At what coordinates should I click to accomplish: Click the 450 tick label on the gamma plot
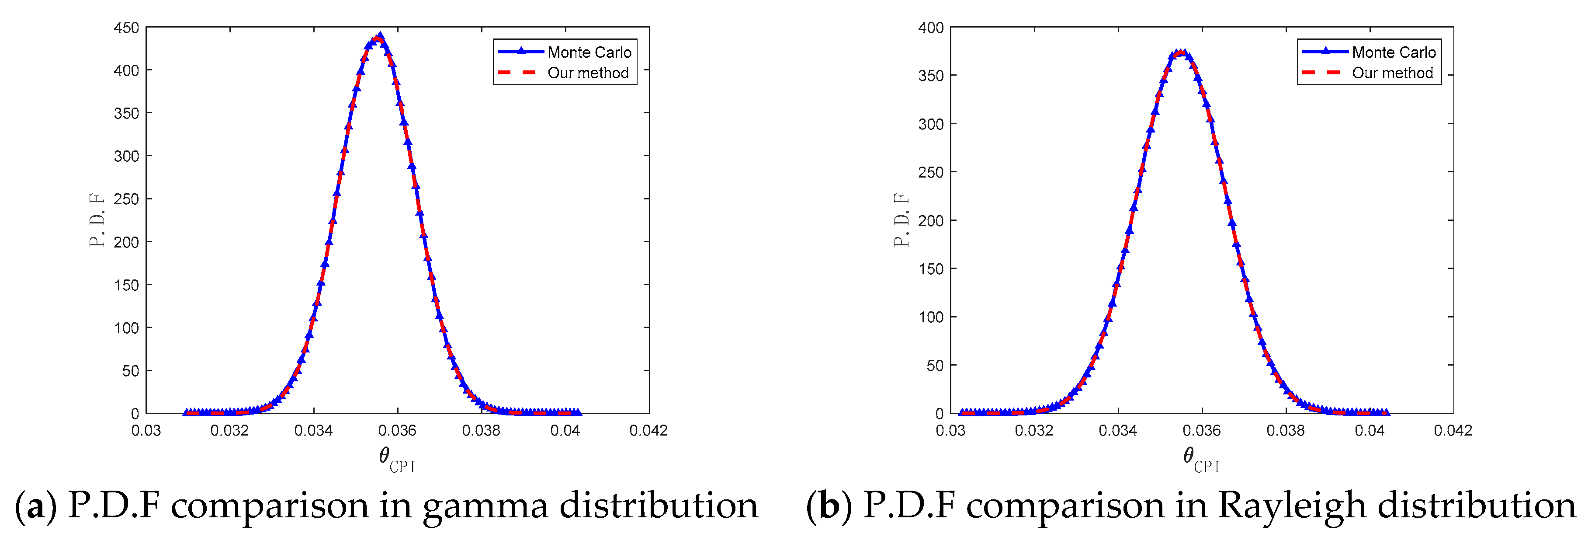click(126, 28)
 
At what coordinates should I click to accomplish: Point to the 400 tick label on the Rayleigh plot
click(931, 28)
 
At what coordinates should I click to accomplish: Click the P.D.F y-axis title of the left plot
click(97, 220)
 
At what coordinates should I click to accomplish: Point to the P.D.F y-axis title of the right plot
click(902, 220)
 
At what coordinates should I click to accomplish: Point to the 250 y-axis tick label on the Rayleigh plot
click(931, 172)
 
